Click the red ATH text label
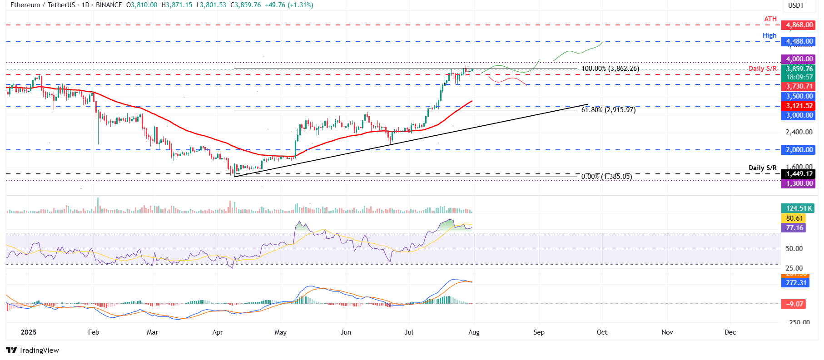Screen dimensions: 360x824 770,19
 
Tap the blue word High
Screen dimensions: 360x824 769,35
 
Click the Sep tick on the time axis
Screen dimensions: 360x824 539,332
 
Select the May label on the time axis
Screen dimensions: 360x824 280,332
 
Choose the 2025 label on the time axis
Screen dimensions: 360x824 29,332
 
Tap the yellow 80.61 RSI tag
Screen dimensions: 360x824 794,218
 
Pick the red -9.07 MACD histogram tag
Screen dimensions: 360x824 794,304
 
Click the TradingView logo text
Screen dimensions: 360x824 33,350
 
